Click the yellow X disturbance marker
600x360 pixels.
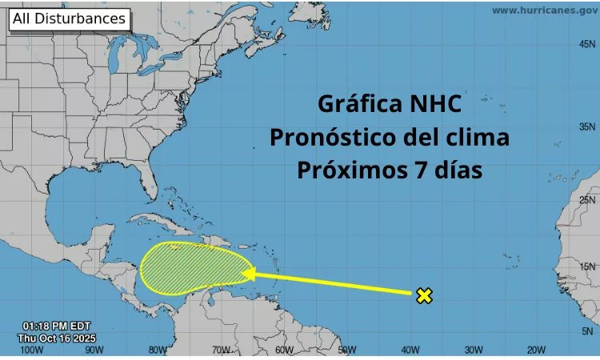coord(424,296)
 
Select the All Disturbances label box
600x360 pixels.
coord(69,18)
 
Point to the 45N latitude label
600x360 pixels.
coord(588,45)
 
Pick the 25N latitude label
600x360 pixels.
coord(588,200)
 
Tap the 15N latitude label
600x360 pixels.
coord(588,267)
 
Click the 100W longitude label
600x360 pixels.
coord(30,350)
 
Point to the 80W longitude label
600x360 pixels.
coord(157,350)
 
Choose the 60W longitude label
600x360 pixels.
coord(283,350)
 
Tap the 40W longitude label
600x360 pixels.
coord(410,350)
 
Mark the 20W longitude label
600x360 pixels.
coord(535,350)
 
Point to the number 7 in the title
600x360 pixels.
coord(416,170)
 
